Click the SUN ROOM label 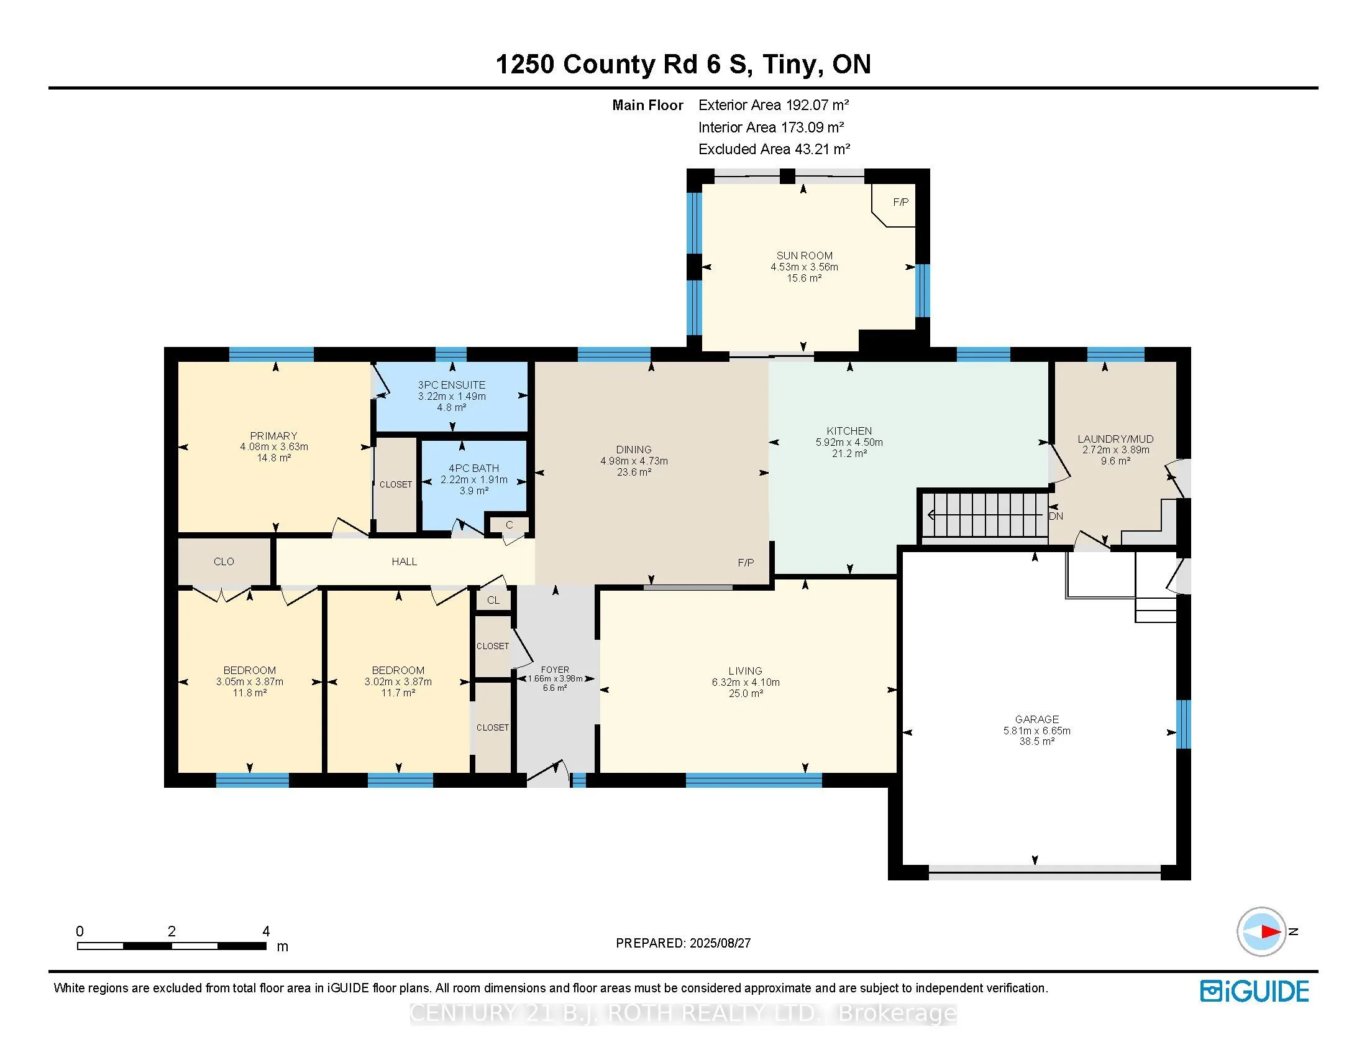[x=804, y=256]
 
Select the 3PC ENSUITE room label [x=451, y=385]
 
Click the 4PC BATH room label [x=474, y=468]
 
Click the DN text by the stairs [x=1056, y=517]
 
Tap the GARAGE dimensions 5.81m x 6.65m [x=1037, y=731]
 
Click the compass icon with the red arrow [x=1262, y=932]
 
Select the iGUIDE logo [x=1255, y=991]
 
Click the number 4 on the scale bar [x=266, y=931]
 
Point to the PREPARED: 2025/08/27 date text [x=683, y=943]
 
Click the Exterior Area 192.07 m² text [x=774, y=105]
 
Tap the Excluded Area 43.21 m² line [x=774, y=149]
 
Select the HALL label [x=405, y=561]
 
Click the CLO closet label [x=224, y=561]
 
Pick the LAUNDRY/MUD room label [x=1115, y=439]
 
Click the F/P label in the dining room [x=746, y=563]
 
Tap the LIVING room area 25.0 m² [x=746, y=693]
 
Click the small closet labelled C [x=509, y=525]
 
